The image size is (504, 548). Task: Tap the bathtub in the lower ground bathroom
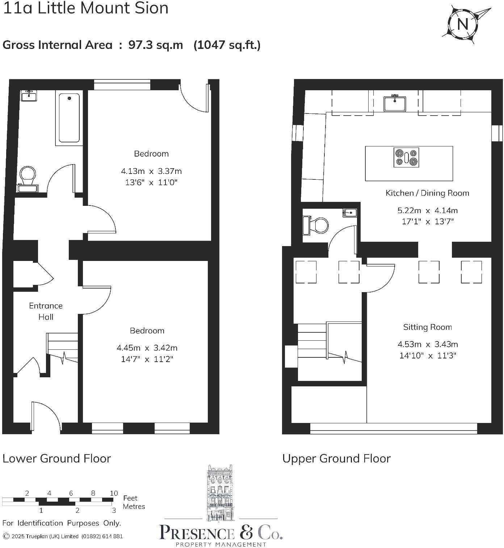tap(69, 118)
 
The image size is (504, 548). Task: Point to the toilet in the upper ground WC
tap(317, 225)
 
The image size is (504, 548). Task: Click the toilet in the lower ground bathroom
tap(28, 176)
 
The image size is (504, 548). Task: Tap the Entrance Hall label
tap(46, 311)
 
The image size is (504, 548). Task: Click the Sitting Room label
tap(427, 327)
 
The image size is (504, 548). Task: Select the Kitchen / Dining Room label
tap(427, 193)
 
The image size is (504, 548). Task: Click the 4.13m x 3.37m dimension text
tap(151, 171)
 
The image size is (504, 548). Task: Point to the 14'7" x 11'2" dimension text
tap(147, 359)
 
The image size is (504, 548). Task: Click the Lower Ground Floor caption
tap(56, 458)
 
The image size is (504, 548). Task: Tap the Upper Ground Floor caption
tap(336, 458)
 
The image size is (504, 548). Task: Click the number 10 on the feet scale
tap(114, 493)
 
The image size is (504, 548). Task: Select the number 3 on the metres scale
tap(114, 510)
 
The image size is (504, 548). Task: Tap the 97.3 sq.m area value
tap(156, 45)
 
